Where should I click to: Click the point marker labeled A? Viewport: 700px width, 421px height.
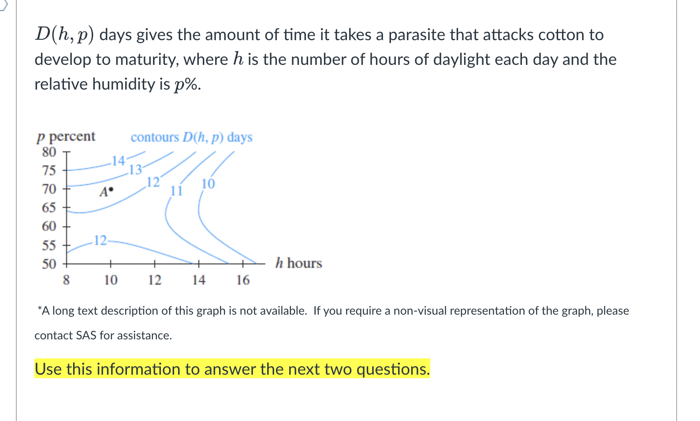click(x=111, y=191)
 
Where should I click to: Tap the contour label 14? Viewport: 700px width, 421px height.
click(x=118, y=161)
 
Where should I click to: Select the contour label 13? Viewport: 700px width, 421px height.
click(x=135, y=169)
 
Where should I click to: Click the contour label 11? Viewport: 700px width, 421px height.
click(x=176, y=191)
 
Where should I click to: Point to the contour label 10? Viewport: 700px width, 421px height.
click(x=208, y=184)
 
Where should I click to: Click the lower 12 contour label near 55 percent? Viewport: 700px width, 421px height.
click(x=101, y=240)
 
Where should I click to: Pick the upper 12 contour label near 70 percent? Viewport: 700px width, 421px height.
click(x=153, y=182)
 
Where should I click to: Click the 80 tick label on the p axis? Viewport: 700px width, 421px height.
click(x=49, y=152)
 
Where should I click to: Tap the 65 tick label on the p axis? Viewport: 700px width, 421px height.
click(x=49, y=207)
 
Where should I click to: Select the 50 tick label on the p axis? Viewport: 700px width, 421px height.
click(x=49, y=264)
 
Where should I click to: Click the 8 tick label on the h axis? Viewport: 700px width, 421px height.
click(x=66, y=280)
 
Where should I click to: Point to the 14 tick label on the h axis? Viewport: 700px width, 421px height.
click(x=198, y=280)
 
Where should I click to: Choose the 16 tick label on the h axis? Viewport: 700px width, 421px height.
click(x=243, y=280)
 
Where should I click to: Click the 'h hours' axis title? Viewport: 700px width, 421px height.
click(x=298, y=263)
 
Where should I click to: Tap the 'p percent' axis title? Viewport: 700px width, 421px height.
click(x=66, y=136)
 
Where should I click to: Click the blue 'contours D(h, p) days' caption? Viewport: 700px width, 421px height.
click(x=191, y=137)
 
